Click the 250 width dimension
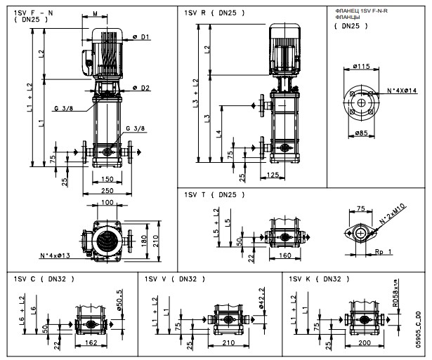pyautogui.click(x=107, y=190)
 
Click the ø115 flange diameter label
pyautogui.click(x=362, y=67)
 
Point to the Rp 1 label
pyautogui.click(x=384, y=251)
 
